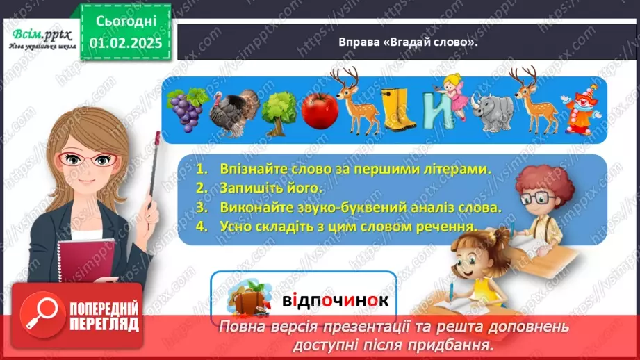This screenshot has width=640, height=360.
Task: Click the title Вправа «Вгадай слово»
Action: tap(408, 42)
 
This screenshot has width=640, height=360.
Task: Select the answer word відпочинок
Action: tap(335, 301)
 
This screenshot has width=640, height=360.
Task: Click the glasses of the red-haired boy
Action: tap(536, 199)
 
